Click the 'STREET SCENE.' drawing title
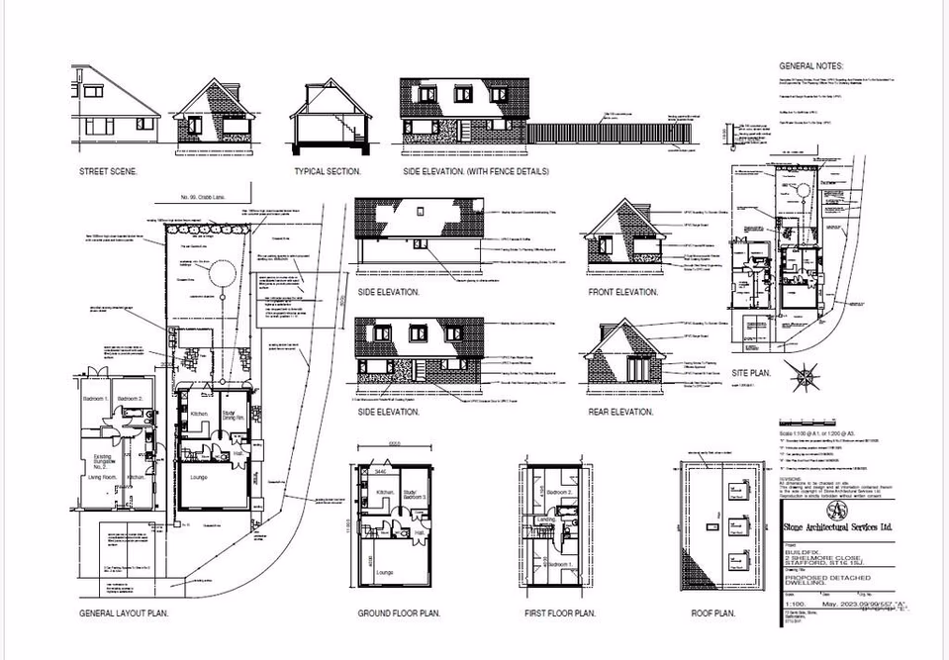pos(108,171)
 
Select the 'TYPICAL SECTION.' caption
pos(328,171)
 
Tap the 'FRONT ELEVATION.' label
pos(623,292)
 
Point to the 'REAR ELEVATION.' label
pos(622,412)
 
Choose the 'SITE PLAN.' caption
pos(753,373)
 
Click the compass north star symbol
pos(804,376)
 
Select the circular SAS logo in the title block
pos(837,511)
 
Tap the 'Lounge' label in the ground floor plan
pos(386,571)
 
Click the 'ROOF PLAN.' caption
pos(712,613)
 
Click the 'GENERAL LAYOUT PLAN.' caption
pos(124,613)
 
